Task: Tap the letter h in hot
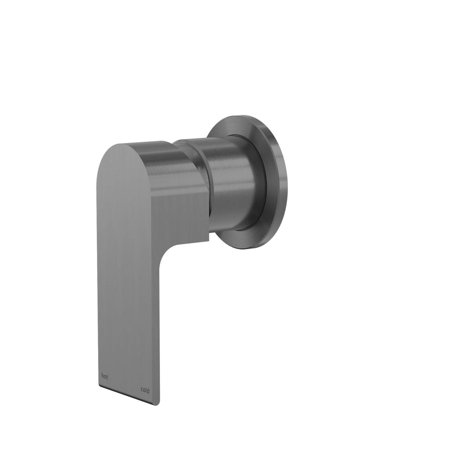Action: [102, 375]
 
